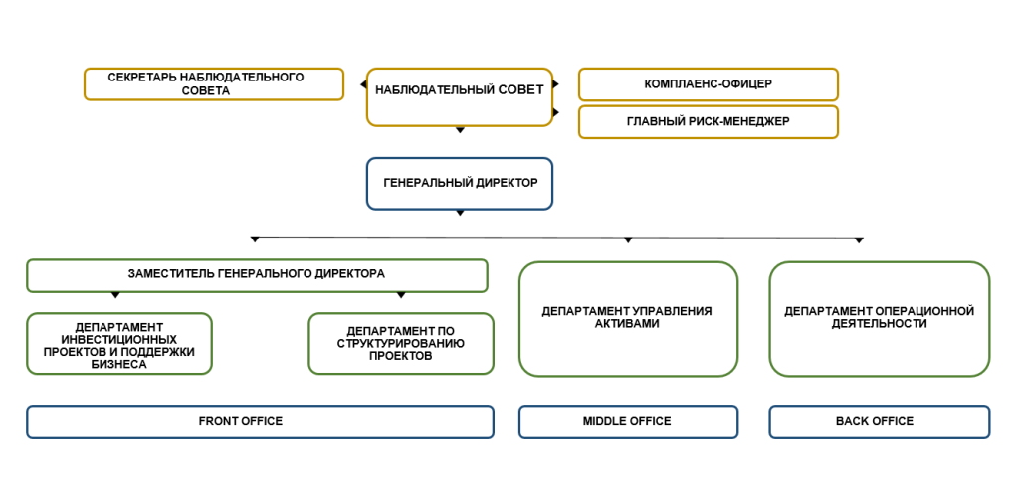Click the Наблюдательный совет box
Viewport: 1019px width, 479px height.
(x=459, y=96)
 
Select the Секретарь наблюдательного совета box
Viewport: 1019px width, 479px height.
(x=213, y=84)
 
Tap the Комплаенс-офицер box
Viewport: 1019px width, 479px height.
(x=708, y=84)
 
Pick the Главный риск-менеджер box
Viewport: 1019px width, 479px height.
(x=708, y=121)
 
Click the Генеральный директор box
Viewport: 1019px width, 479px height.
(x=459, y=184)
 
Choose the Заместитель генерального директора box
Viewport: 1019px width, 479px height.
(x=257, y=275)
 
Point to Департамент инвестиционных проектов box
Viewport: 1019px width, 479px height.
(x=119, y=344)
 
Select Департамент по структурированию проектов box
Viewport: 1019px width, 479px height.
(x=401, y=344)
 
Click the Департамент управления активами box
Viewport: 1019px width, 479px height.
(x=628, y=319)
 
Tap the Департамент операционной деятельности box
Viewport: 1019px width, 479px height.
(x=879, y=319)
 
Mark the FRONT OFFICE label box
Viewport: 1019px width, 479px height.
(x=260, y=422)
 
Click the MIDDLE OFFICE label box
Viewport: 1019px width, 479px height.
(x=628, y=422)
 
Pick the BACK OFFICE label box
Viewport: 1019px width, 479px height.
(x=879, y=422)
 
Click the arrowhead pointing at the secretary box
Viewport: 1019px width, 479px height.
(x=363, y=84)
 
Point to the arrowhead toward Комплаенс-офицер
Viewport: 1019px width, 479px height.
(x=555, y=84)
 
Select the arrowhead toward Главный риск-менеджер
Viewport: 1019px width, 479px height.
(x=555, y=113)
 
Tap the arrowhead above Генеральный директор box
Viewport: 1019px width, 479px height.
(x=459, y=130)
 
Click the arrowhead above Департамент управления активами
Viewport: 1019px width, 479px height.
(x=628, y=239)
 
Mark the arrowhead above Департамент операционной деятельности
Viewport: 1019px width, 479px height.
(x=859, y=239)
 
